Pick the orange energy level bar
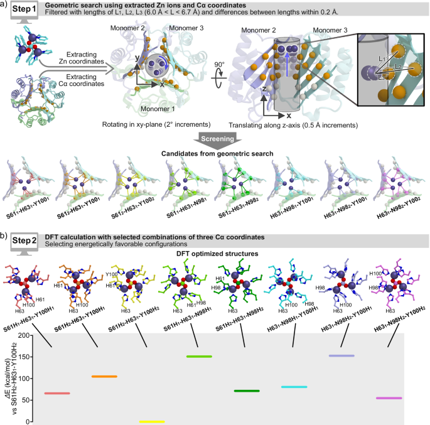click(104, 377)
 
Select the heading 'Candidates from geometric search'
click(215, 152)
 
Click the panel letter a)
click(5, 6)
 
